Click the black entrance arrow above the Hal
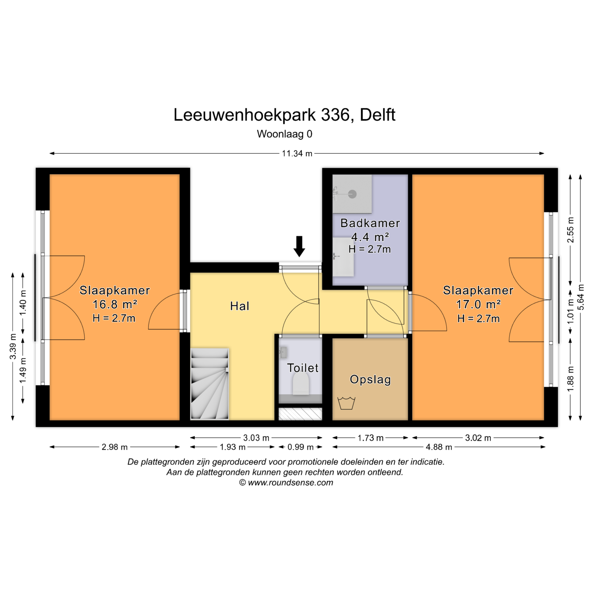pos(299,246)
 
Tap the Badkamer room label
pos(370,223)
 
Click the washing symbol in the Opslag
pos(346,403)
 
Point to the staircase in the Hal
pos(210,384)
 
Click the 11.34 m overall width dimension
pos(297,154)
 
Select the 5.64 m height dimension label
pos(581,297)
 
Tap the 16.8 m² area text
pos(115,304)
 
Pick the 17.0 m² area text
pos(478,304)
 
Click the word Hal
pos(240,306)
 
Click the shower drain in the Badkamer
pos(352,194)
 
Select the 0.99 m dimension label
pos(301,447)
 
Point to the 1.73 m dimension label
pos(370,438)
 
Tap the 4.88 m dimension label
pos(439,447)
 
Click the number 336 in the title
pos(335,115)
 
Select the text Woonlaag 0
pos(284,134)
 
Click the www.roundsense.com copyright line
pos(286,482)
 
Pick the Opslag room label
pos(370,380)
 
